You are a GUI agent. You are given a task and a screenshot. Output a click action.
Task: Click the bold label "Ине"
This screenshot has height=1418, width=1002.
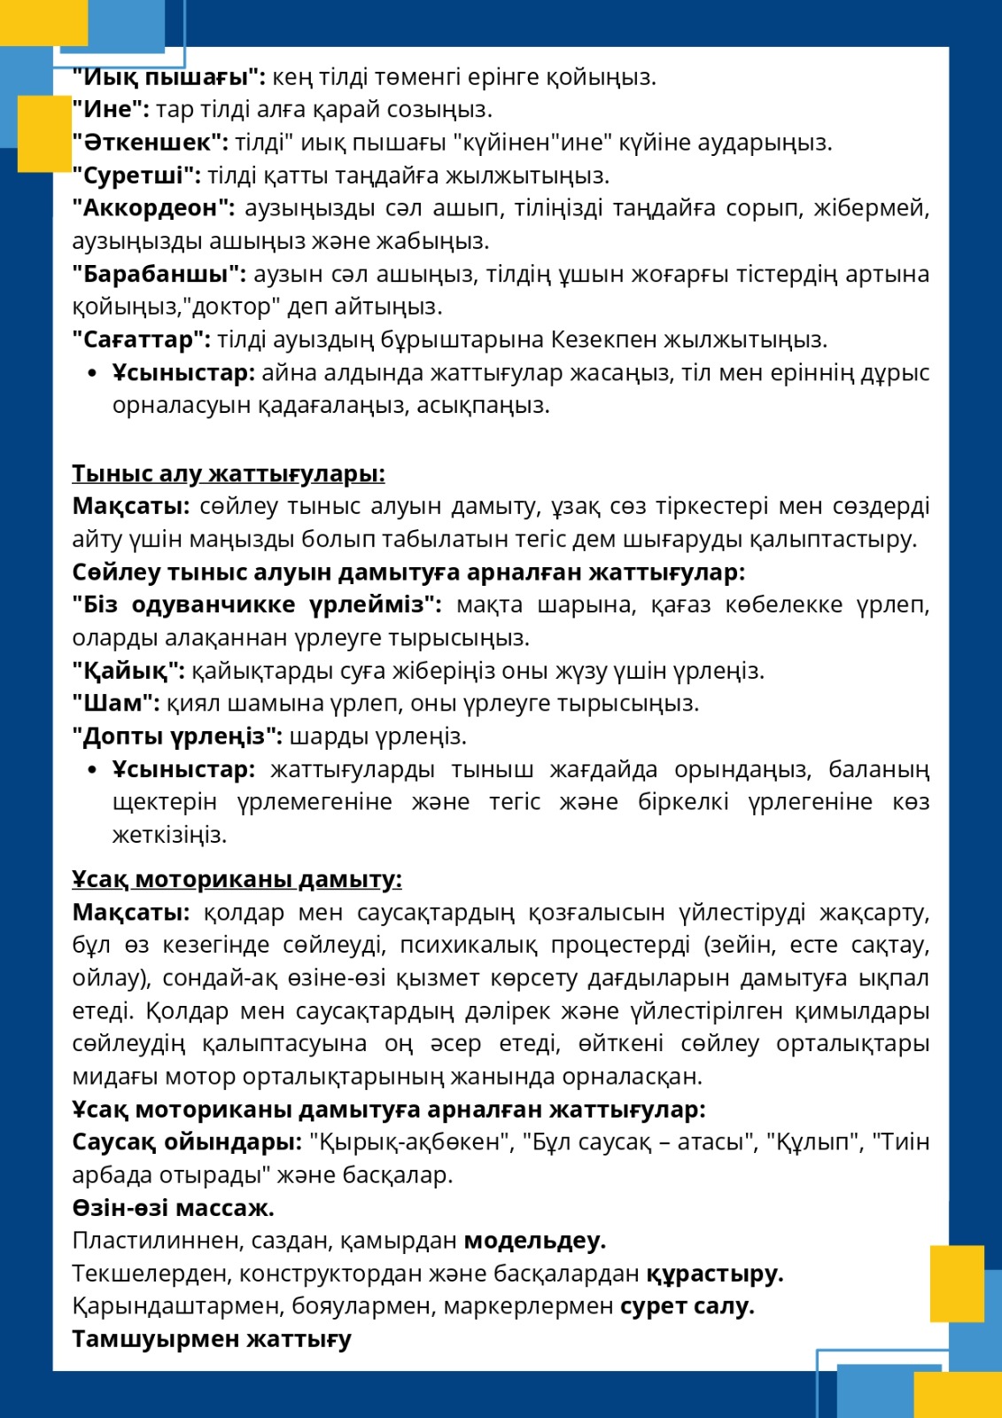point(110,110)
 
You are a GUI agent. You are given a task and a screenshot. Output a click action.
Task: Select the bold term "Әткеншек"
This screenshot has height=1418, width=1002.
point(150,143)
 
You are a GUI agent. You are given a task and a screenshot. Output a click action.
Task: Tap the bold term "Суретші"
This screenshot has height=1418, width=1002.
point(136,175)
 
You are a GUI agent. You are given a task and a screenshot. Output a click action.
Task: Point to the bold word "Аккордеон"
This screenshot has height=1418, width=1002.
point(153,208)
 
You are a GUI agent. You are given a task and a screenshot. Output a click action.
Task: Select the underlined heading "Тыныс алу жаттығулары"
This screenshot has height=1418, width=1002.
point(228,474)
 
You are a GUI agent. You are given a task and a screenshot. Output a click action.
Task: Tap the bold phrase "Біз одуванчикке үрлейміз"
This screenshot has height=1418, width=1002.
point(257,605)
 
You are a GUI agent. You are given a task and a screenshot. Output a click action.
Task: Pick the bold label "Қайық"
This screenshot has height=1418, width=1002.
point(128,671)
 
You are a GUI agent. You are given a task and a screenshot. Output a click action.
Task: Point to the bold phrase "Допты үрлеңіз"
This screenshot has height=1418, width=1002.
point(177,736)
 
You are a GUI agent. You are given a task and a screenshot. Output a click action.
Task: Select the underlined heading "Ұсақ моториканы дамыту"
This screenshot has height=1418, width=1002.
point(237,879)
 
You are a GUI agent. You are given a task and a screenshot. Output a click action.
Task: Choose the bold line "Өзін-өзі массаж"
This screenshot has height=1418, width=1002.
point(173,1208)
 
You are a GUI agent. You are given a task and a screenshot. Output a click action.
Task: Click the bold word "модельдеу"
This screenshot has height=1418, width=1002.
point(534,1241)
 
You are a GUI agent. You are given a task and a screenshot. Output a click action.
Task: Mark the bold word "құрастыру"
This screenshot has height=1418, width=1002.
point(714,1274)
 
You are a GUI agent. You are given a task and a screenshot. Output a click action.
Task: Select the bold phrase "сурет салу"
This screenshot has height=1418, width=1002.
point(687,1306)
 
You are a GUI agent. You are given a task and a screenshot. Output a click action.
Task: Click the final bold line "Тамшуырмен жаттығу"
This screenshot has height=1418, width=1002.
point(212,1339)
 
